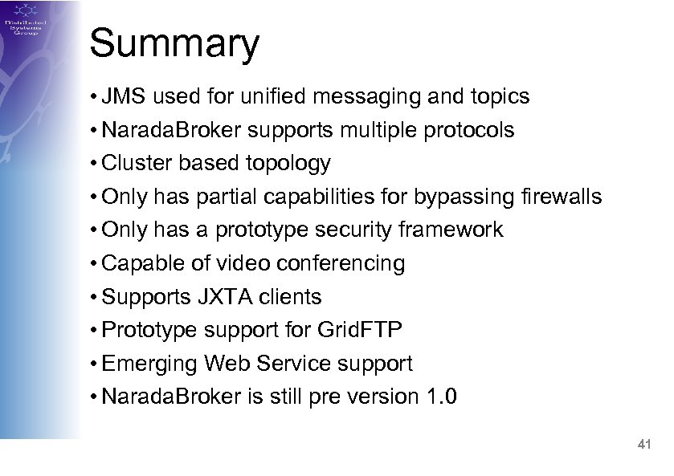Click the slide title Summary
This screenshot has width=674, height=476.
[174, 44]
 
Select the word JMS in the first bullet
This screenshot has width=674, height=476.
[125, 97]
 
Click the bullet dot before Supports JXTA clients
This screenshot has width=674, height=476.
[95, 298]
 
